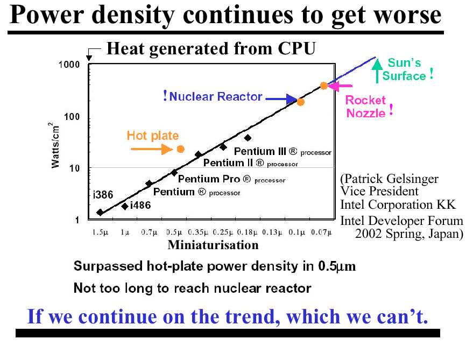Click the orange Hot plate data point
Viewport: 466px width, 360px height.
click(x=180, y=149)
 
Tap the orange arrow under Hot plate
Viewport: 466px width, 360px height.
click(x=152, y=149)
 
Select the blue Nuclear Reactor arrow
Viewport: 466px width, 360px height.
click(x=281, y=99)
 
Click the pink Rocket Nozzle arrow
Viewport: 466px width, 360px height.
click(x=340, y=86)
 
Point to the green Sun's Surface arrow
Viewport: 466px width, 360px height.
click(x=377, y=70)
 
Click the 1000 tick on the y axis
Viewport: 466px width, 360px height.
click(x=69, y=65)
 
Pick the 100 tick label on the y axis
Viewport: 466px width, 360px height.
click(x=72, y=117)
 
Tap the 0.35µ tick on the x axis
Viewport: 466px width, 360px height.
click(x=198, y=232)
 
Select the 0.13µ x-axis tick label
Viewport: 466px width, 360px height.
click(x=272, y=232)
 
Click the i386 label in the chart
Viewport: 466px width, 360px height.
click(x=103, y=195)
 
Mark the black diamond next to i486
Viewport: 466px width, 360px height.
click(x=125, y=206)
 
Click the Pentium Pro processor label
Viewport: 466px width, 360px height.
click(x=231, y=179)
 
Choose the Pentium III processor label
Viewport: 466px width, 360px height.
click(x=283, y=152)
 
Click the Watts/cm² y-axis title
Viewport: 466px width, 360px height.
click(x=54, y=145)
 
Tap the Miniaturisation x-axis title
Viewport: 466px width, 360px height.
click(x=213, y=245)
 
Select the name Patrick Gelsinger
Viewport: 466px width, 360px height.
click(x=391, y=179)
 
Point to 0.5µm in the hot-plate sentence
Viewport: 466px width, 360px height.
click(x=337, y=266)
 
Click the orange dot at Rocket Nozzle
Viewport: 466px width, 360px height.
click(x=324, y=86)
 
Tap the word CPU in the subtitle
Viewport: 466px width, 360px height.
click(x=296, y=48)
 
